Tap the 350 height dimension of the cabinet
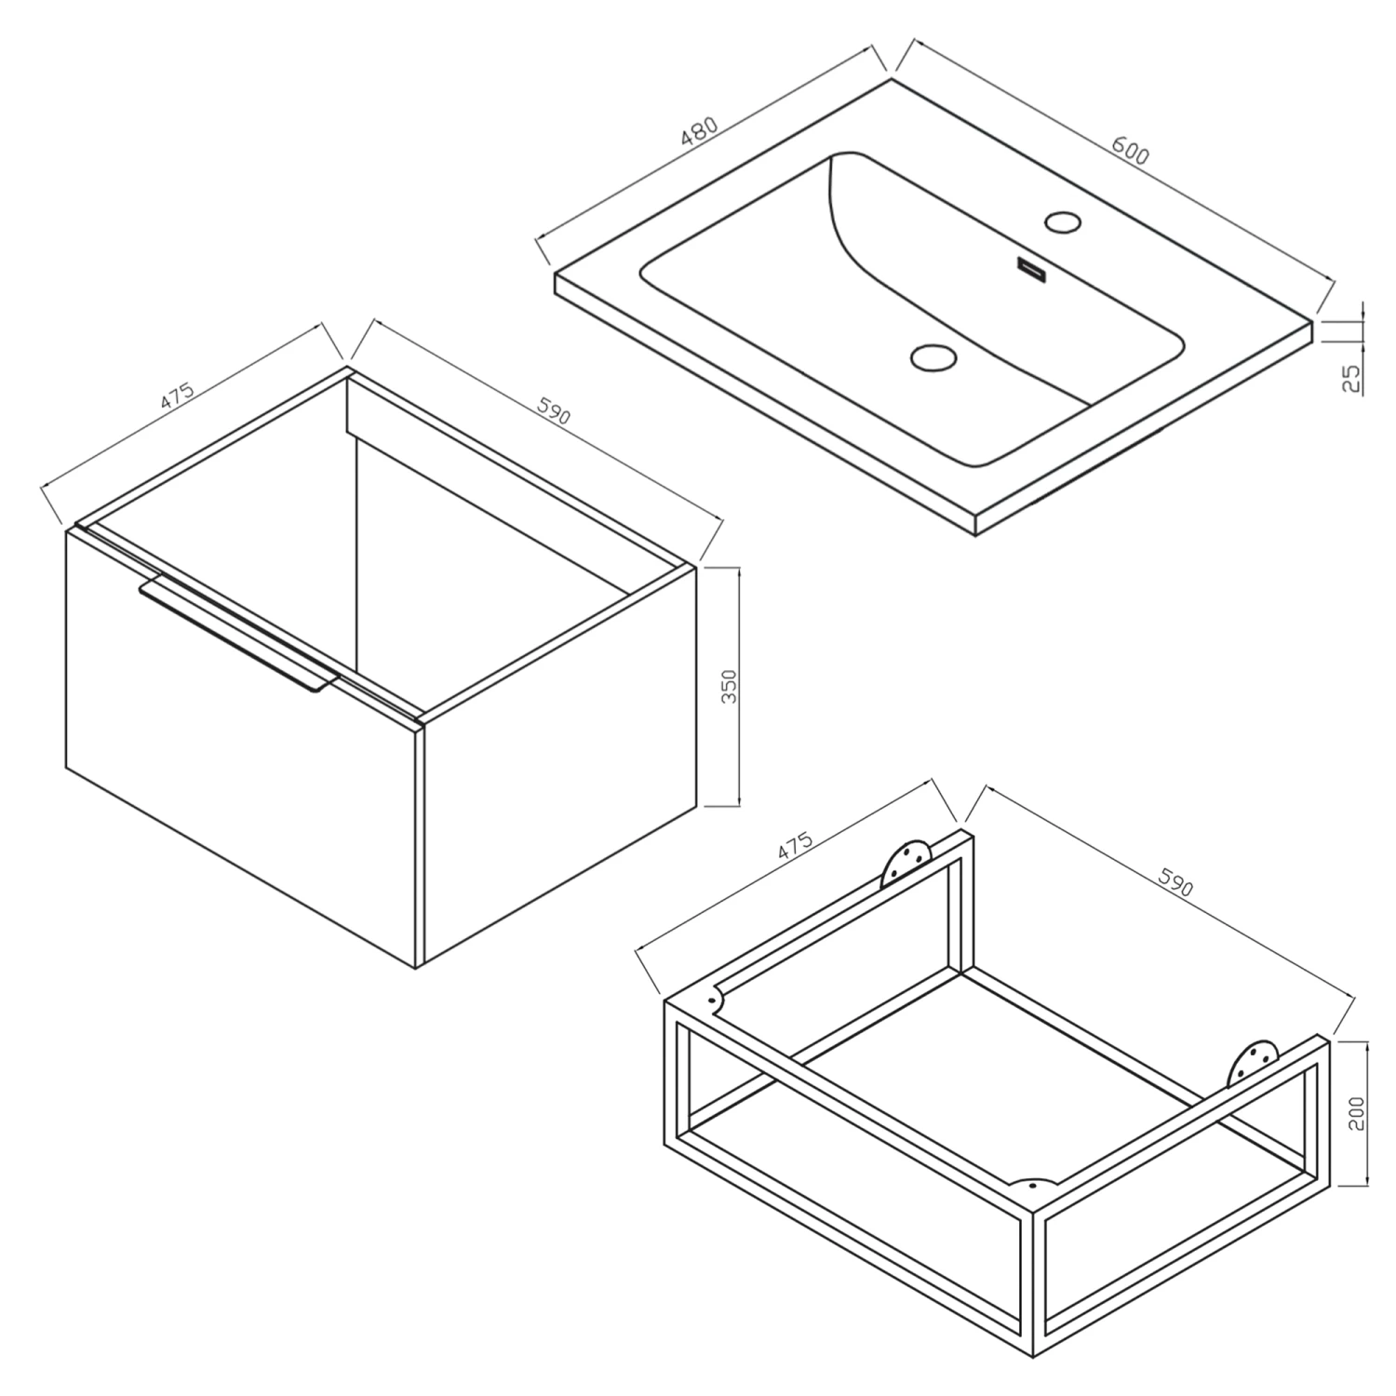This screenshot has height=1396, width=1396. (x=730, y=686)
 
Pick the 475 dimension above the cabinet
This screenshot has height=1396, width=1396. (x=177, y=396)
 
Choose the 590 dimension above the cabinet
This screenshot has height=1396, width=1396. (x=552, y=412)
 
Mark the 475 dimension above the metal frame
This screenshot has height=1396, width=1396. (x=796, y=843)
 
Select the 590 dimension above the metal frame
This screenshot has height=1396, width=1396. (x=1175, y=882)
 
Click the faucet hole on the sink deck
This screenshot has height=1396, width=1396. (x=1062, y=221)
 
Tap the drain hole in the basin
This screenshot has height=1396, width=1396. (x=933, y=356)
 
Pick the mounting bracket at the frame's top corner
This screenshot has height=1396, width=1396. (x=907, y=861)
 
